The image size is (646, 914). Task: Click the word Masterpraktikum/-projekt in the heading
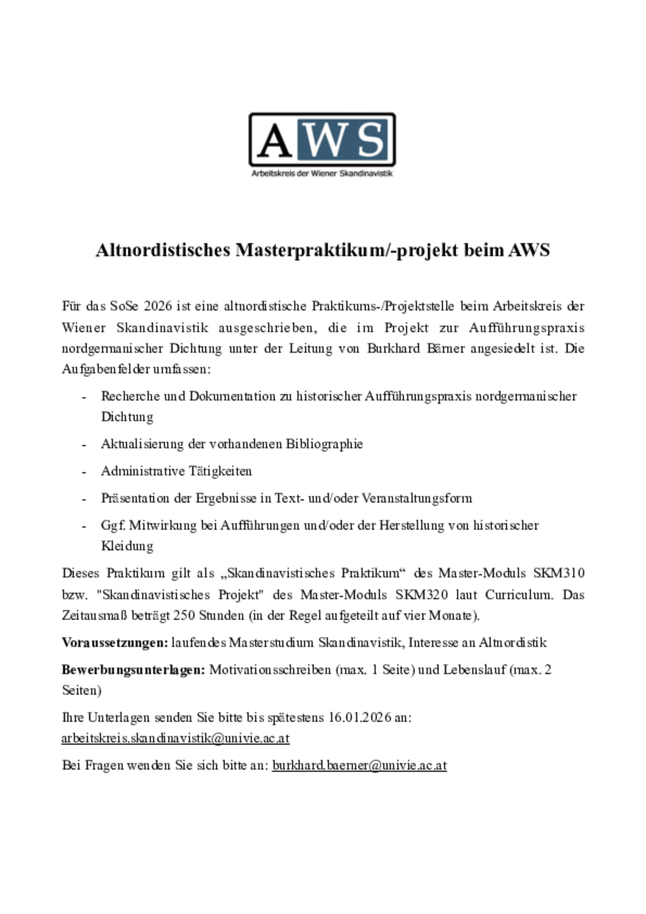(x=347, y=250)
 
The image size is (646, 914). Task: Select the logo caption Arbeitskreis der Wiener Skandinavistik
(x=322, y=174)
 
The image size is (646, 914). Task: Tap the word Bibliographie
(x=324, y=444)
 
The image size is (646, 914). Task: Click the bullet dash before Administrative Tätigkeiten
(x=84, y=472)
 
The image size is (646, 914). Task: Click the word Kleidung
(x=127, y=546)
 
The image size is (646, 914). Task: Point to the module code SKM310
(x=559, y=573)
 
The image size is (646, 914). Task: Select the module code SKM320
(x=422, y=594)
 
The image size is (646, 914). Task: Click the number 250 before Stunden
(x=184, y=615)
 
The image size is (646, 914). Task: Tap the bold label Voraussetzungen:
(x=115, y=642)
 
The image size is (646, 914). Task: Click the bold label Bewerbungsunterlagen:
(x=133, y=670)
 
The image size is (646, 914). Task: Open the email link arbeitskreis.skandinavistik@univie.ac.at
(x=176, y=738)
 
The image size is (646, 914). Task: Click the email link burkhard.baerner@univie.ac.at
(x=359, y=765)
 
